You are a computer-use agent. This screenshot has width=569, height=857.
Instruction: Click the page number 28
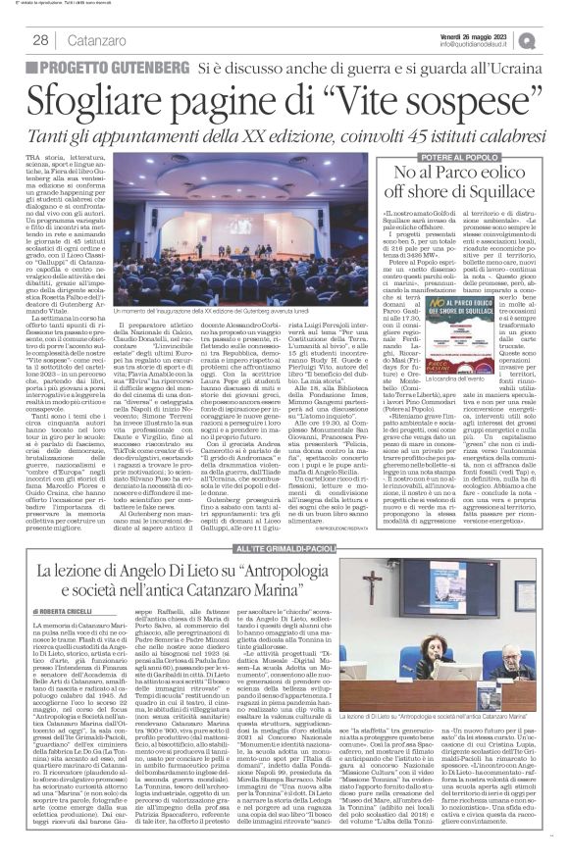pyautogui.click(x=42, y=39)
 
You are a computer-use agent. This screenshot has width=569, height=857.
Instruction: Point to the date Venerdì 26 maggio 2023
pyautogui.click(x=478, y=33)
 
